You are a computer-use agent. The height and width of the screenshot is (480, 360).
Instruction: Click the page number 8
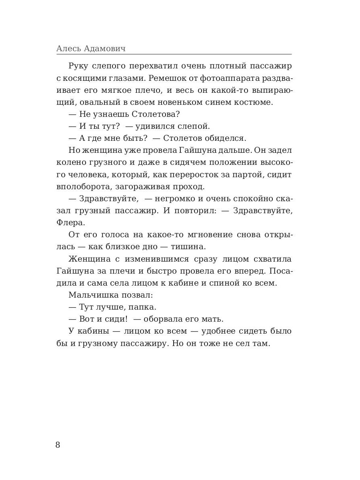[x=58, y=445]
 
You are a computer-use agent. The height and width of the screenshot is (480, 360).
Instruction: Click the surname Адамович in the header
[x=105, y=49]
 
